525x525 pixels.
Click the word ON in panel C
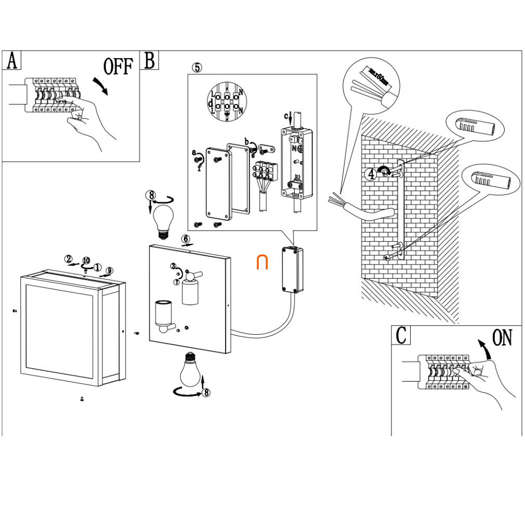point(502,338)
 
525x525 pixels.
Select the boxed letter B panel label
point(150,61)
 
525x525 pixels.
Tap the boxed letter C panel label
point(401,335)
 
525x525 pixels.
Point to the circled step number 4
point(371,175)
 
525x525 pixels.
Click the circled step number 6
point(186,239)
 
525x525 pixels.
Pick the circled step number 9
point(109,270)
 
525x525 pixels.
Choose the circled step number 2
point(68,259)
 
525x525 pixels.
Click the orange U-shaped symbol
point(262,262)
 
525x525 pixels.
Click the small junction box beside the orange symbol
point(290,269)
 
